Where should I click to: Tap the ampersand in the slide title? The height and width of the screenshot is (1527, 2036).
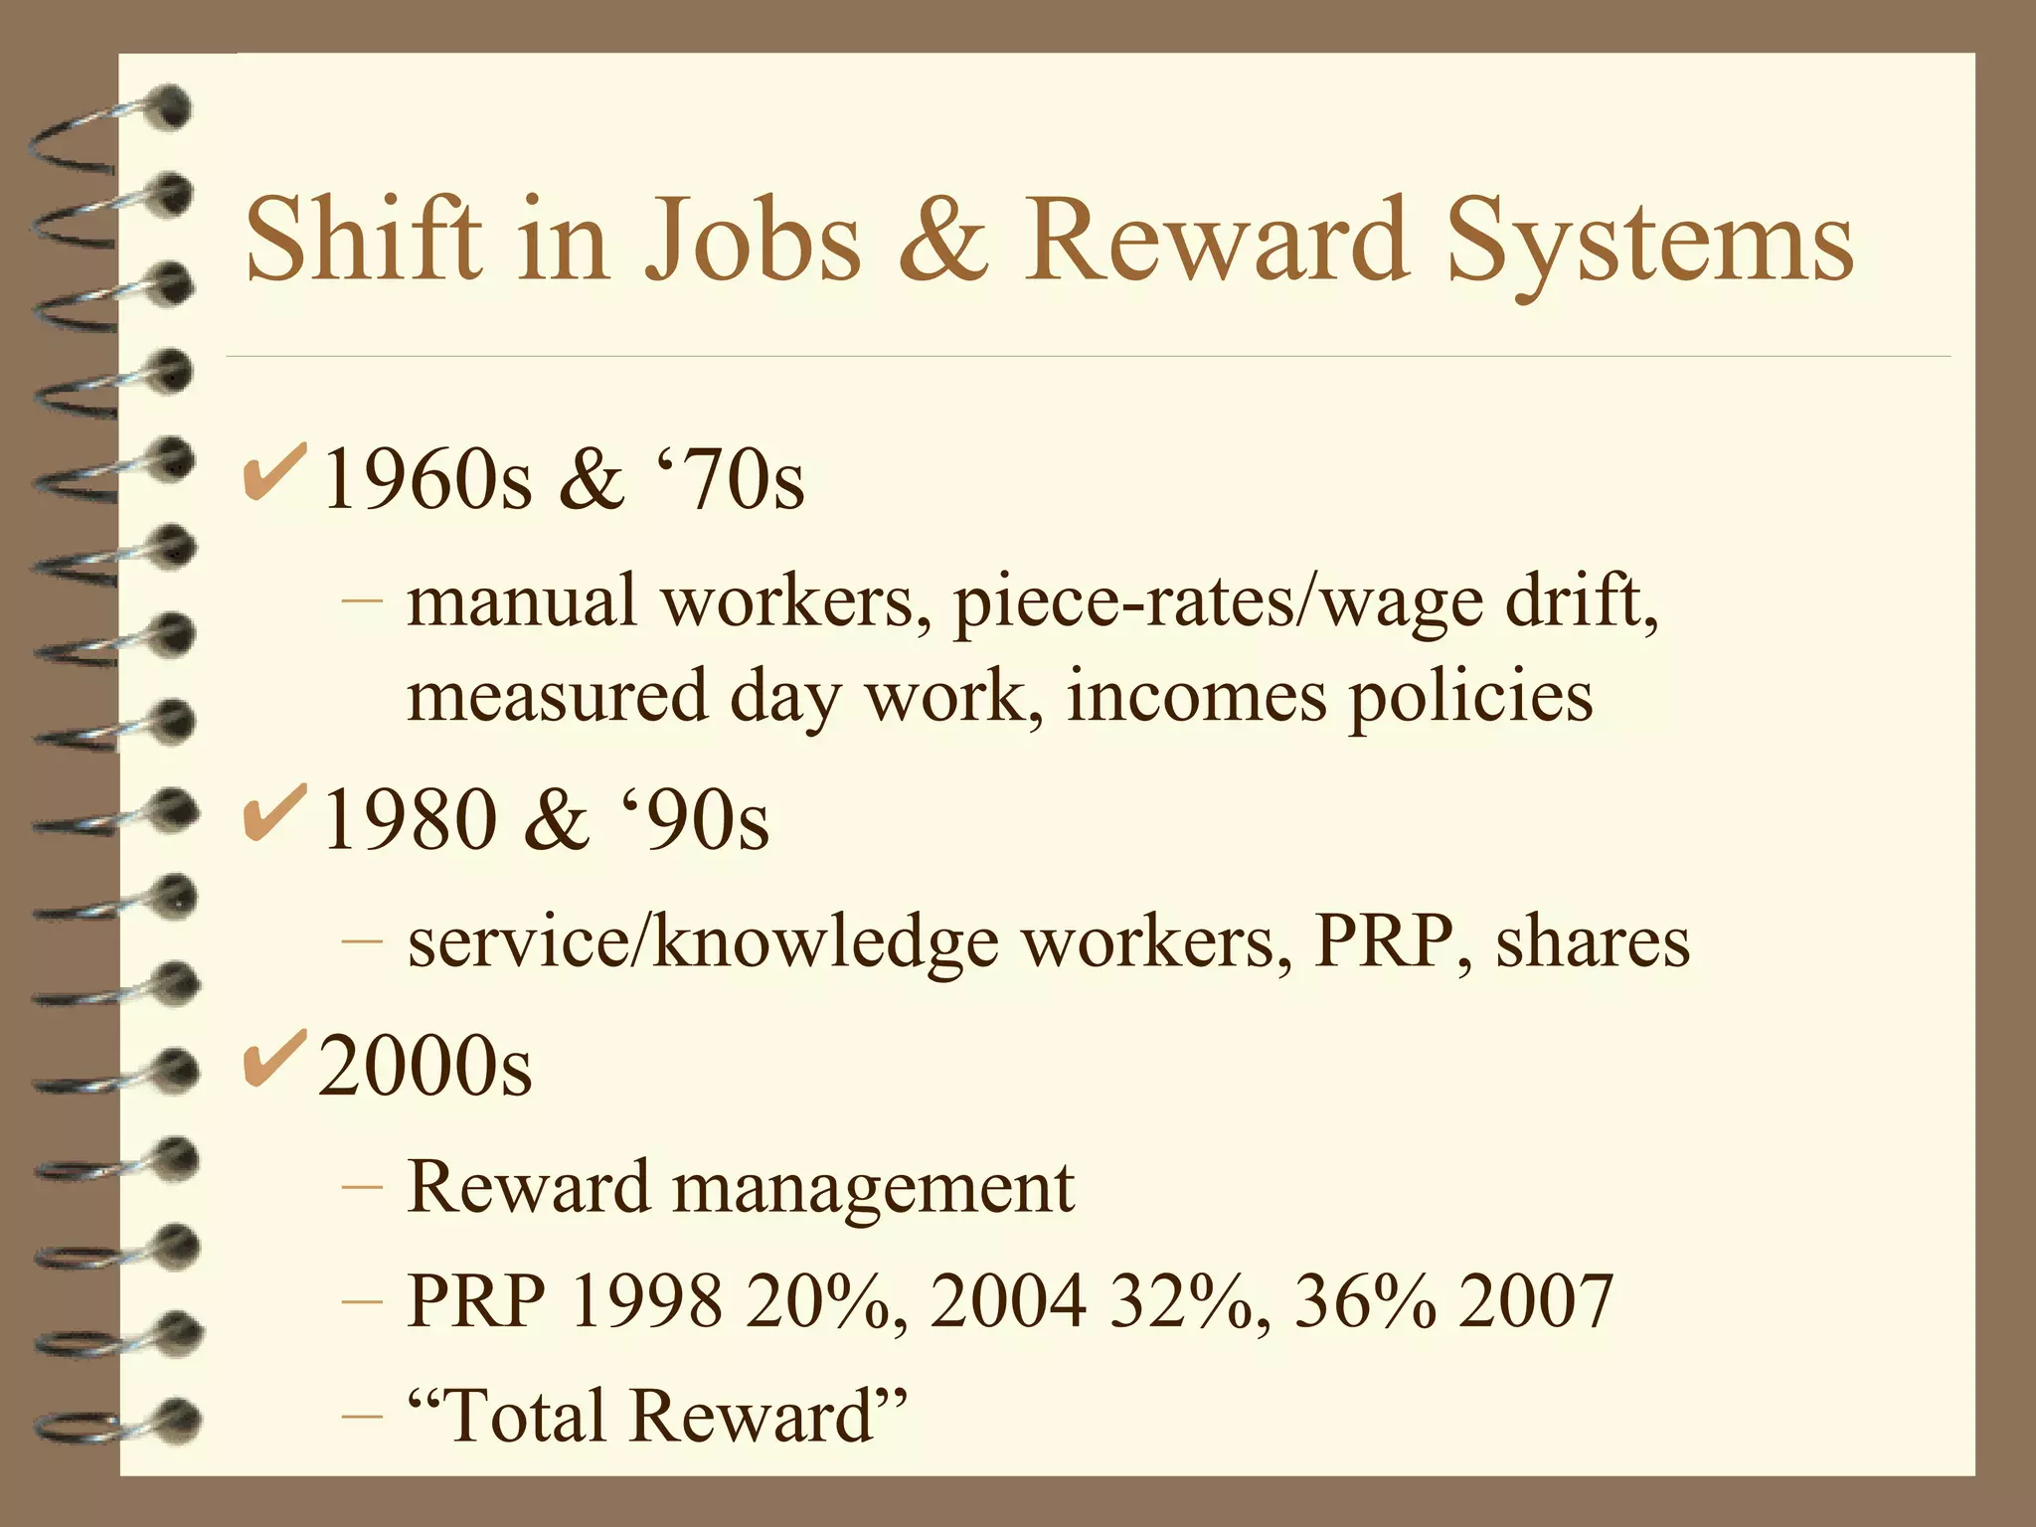942,239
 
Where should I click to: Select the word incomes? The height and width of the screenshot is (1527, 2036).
1196,696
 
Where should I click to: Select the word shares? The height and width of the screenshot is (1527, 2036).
1593,941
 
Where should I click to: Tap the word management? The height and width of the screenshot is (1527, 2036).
874,1189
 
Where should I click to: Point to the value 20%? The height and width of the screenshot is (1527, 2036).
824,1301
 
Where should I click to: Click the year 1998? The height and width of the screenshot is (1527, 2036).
646,1301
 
